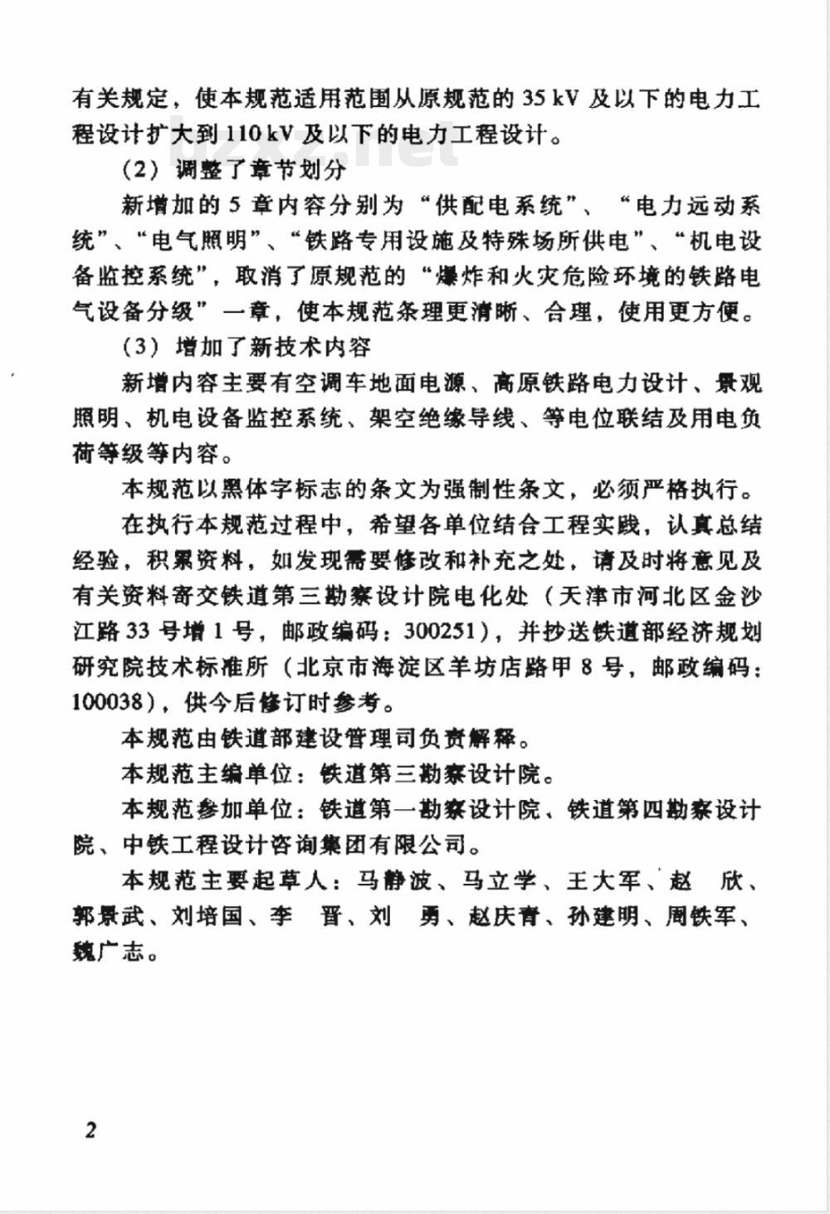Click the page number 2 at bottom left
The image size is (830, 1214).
click(90, 1129)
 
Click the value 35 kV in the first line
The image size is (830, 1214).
click(551, 99)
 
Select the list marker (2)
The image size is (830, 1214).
click(139, 169)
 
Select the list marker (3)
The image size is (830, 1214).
click(139, 347)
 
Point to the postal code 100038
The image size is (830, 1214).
click(110, 702)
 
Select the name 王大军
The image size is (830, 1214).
click(603, 880)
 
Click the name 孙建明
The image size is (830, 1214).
click(603, 916)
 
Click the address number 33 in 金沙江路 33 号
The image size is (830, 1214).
click(137, 631)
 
